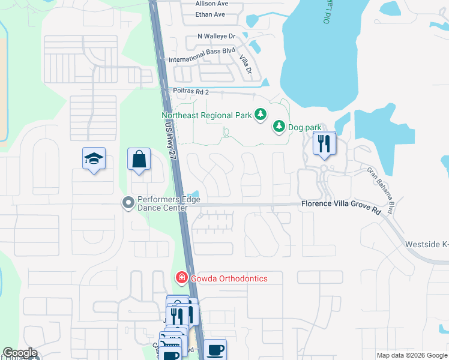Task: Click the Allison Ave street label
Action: pyautogui.click(x=210, y=4)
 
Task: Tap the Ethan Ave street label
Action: pyautogui.click(x=210, y=14)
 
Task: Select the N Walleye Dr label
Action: pyautogui.click(x=217, y=37)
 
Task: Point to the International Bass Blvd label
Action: pyautogui.click(x=202, y=59)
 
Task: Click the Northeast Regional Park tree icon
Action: pyautogui.click(x=261, y=114)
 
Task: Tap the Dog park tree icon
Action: pyautogui.click(x=279, y=126)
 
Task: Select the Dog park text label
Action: pyautogui.click(x=305, y=127)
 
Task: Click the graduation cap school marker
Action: pyautogui.click(x=94, y=159)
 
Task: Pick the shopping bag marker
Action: pyautogui.click(x=139, y=160)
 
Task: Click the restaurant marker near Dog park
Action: pyautogui.click(x=324, y=144)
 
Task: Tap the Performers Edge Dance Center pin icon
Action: pyautogui.click(x=127, y=203)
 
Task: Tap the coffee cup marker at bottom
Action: pyautogui.click(x=215, y=350)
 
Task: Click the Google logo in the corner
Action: pyautogui.click(x=19, y=353)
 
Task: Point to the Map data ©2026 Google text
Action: pyautogui.click(x=412, y=355)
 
